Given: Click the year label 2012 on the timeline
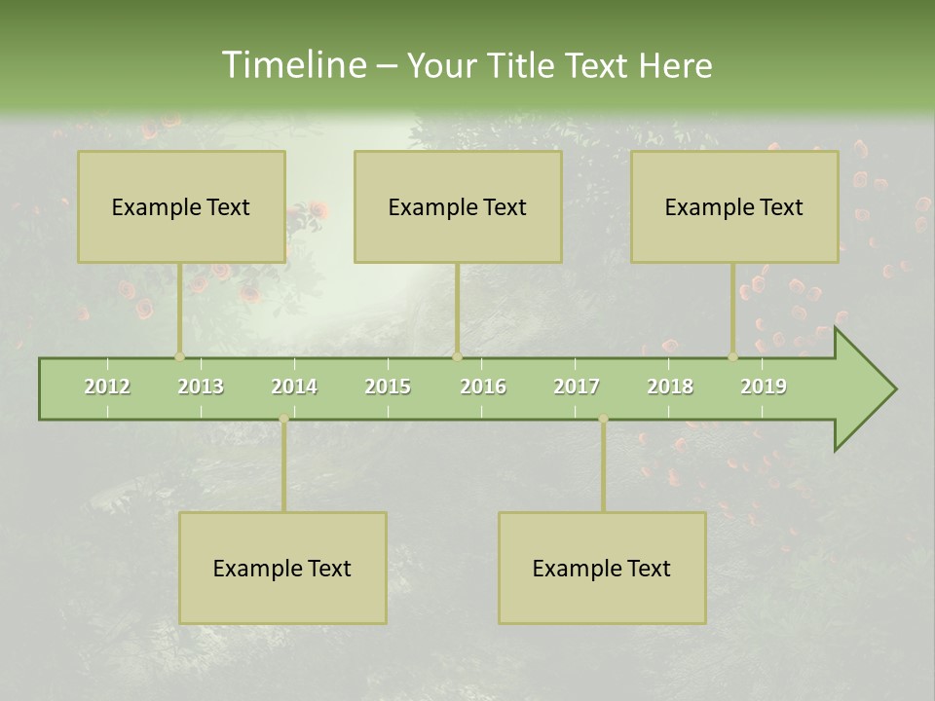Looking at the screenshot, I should pos(107,387).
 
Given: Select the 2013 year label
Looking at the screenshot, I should pos(201,387).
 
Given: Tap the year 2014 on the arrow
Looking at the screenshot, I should pos(294,387).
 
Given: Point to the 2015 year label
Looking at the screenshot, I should pos(388,387).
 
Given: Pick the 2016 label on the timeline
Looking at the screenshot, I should pos(483,387).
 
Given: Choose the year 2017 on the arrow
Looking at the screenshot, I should pos(577,387).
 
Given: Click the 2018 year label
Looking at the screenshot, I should pos(670,387).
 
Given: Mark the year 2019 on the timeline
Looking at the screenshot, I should pos(764,387).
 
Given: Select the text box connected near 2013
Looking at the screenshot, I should pos(181,206).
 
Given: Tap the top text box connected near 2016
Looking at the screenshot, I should pos(458,206).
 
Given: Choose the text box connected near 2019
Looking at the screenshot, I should pos(734,206).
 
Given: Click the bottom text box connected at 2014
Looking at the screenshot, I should pos(282,568).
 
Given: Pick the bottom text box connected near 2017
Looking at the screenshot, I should pos(602,568).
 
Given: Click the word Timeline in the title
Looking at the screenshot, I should pos(292,65).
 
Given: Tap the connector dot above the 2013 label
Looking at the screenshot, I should pos(179,356).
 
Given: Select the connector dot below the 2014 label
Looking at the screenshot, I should pos(283,419).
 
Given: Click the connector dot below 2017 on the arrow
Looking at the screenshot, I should pos(603,419).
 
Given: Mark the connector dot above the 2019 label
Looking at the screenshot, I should pos(733,356).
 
